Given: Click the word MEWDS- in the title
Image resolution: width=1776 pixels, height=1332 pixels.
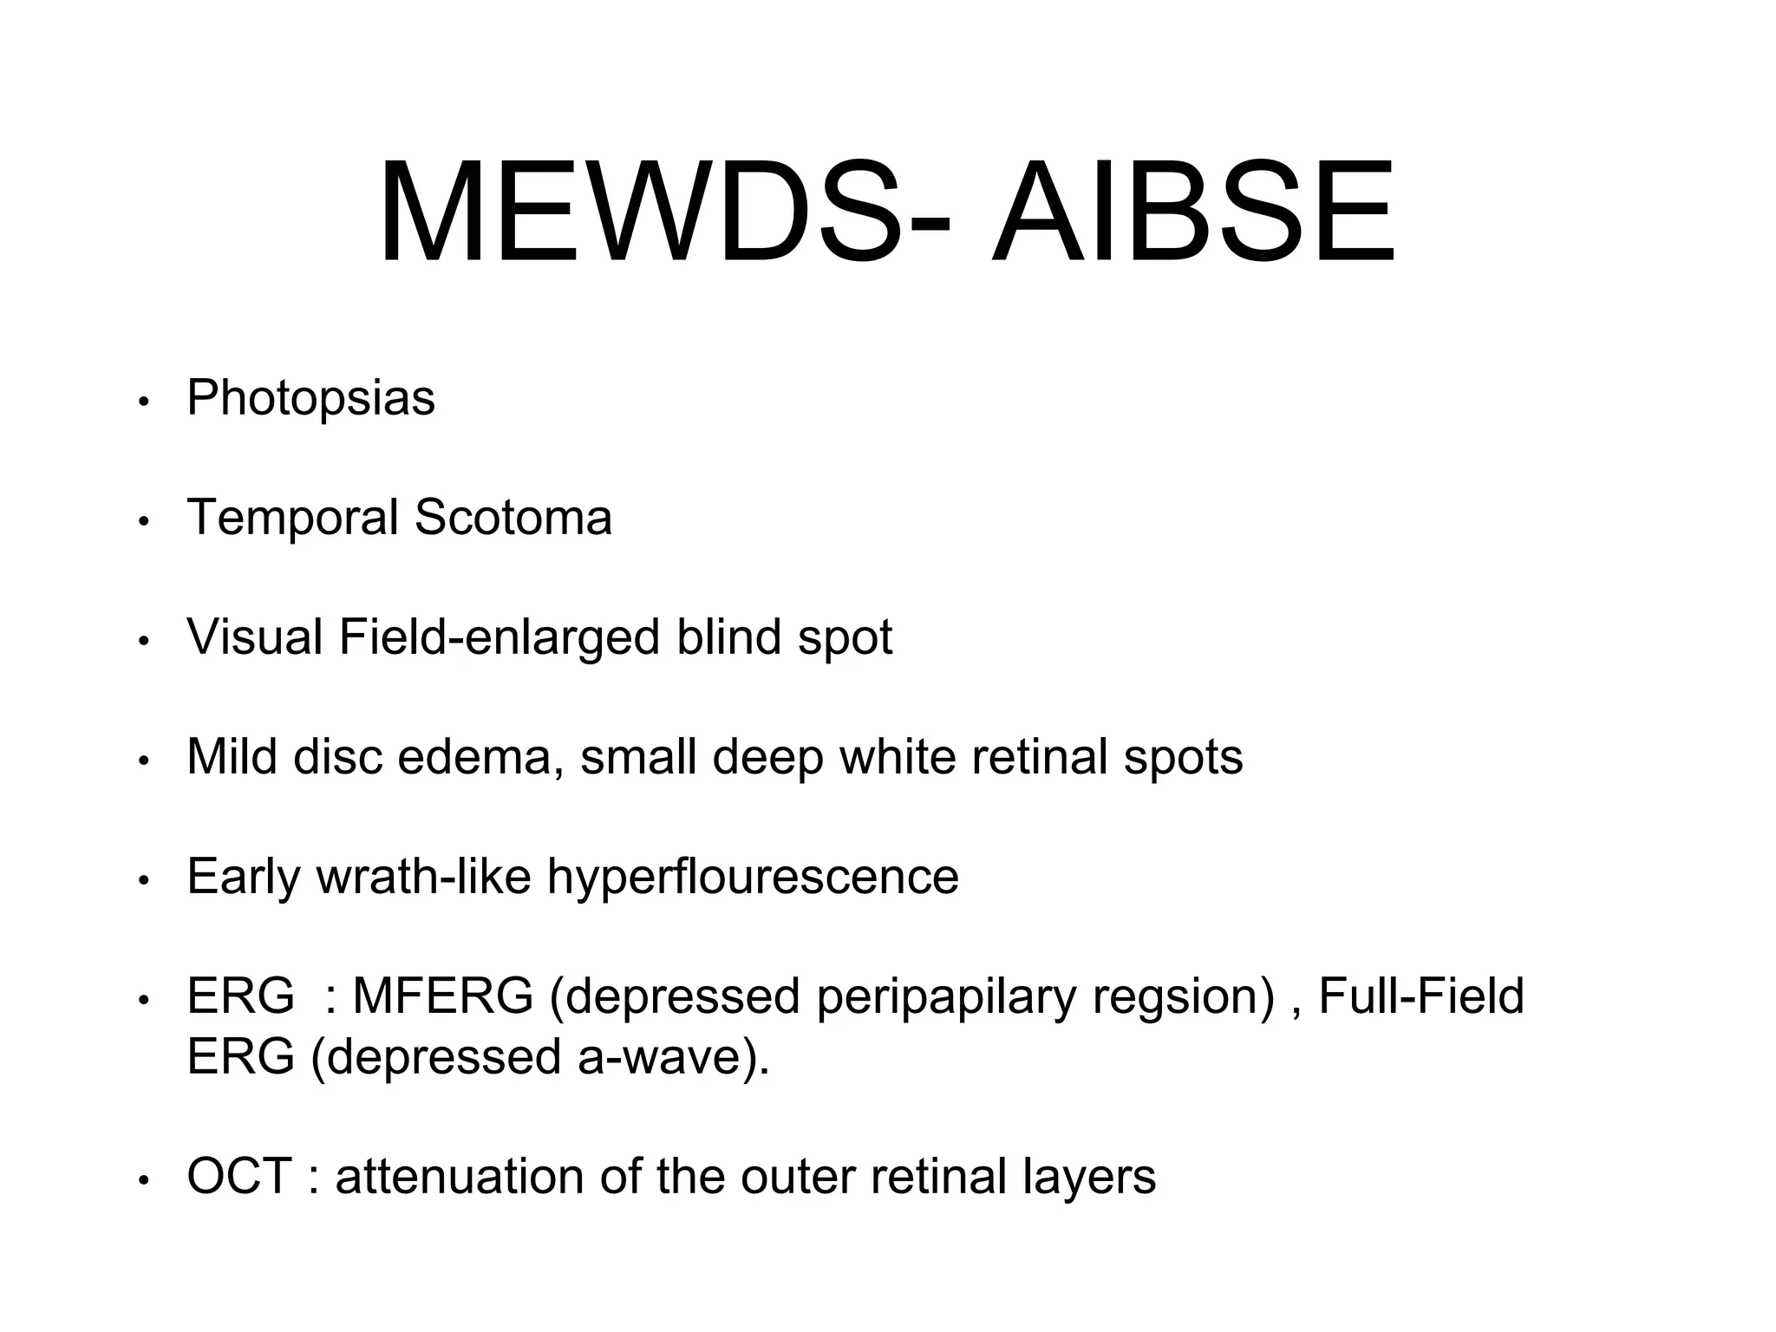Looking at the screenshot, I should tap(664, 212).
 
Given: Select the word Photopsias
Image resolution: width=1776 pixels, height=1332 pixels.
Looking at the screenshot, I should tap(310, 399).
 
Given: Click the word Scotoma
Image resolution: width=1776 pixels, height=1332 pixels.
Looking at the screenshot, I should tap(513, 518).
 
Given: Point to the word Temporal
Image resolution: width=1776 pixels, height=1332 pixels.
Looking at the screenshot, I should tap(292, 518).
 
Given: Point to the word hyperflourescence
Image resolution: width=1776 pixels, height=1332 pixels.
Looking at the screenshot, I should tap(753, 877).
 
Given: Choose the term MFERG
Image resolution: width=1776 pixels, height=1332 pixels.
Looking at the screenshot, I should tap(442, 996).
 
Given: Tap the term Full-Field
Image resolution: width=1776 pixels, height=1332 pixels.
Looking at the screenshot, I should tap(1420, 996).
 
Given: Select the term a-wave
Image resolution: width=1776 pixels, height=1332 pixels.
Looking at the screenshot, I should tap(658, 1057).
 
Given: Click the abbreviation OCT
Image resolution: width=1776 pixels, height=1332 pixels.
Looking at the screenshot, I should tap(238, 1177).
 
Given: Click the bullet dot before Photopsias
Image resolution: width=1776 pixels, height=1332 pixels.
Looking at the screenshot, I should tap(145, 402).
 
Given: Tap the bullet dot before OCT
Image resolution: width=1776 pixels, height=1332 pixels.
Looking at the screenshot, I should tap(145, 1180).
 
